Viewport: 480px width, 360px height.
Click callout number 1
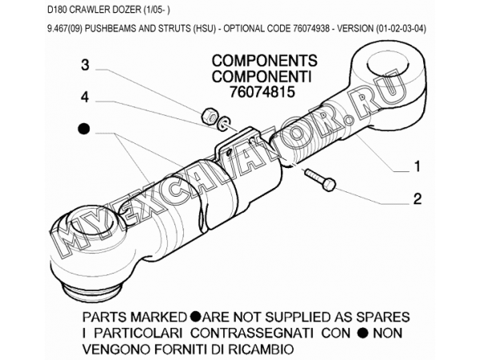coord(418,167)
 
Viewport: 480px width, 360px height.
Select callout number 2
coord(418,199)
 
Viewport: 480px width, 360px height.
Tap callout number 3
coord(85,66)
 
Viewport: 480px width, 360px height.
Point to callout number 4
coord(85,98)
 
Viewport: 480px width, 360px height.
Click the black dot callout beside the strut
coord(83,129)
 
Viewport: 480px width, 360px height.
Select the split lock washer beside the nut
coord(223,122)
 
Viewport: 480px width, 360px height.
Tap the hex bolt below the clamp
coord(320,180)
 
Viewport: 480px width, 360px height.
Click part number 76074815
coord(262,92)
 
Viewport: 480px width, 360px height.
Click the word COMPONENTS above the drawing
coord(265,61)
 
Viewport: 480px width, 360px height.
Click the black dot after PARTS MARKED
coord(195,317)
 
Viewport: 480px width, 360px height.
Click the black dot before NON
coord(363,333)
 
